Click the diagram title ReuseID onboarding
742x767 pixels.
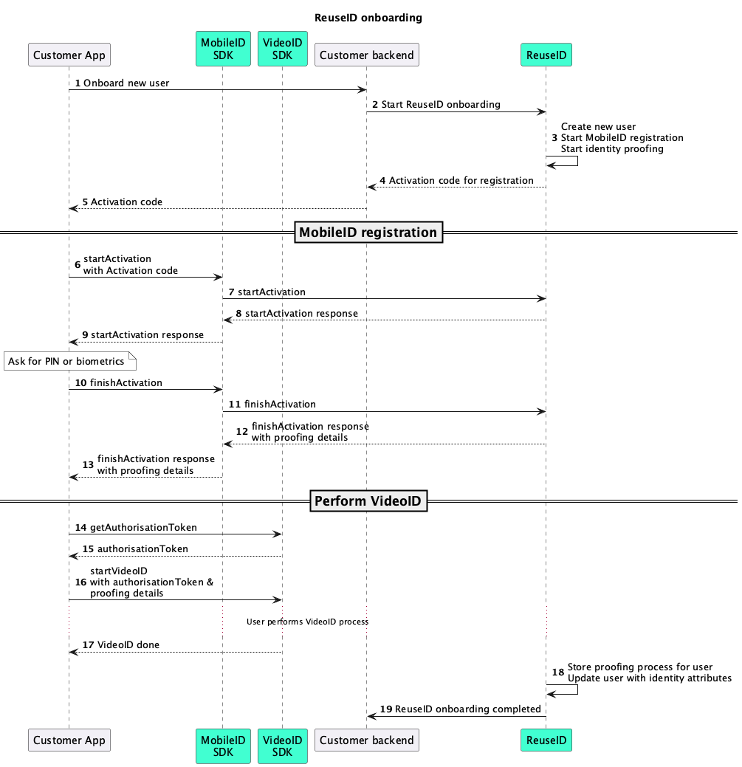pyautogui.click(x=368, y=18)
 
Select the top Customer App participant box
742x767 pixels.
pyautogui.click(x=69, y=55)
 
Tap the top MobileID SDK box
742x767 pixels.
pyautogui.click(x=223, y=49)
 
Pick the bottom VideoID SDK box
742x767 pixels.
pyautogui.click(x=282, y=746)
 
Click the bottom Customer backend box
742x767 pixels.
pyautogui.click(x=367, y=740)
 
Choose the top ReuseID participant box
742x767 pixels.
pyautogui.click(x=546, y=55)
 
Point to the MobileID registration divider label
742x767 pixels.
pyautogui.click(x=368, y=233)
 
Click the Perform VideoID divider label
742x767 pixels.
pyautogui.click(x=368, y=501)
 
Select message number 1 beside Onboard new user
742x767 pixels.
pyautogui.click(x=78, y=83)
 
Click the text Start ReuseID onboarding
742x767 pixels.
pyautogui.click(x=441, y=105)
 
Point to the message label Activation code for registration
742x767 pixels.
pyautogui.click(x=461, y=180)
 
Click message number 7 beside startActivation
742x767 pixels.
pyautogui.click(x=232, y=292)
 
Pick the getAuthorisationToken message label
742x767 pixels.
pyautogui.click(x=143, y=528)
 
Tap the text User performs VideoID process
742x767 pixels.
pyautogui.click(x=307, y=622)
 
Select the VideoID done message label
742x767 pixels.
pyautogui.click(x=128, y=644)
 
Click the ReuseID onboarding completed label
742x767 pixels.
pyautogui.click(x=467, y=709)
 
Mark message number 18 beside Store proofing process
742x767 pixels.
pyautogui.click(x=558, y=673)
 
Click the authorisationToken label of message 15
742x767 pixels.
pyautogui.click(x=142, y=549)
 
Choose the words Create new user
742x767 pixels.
pyautogui.click(x=598, y=127)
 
